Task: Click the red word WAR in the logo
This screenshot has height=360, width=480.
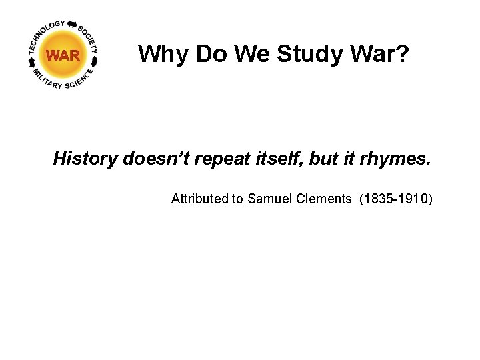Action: click(63, 56)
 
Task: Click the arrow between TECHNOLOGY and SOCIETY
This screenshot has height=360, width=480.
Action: click(71, 23)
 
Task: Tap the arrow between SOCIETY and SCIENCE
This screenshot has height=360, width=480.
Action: click(95, 61)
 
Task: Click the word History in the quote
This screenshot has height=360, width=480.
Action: click(85, 159)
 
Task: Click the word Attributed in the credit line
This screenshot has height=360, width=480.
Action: click(199, 198)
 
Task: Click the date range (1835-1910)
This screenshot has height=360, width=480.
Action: click(395, 198)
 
